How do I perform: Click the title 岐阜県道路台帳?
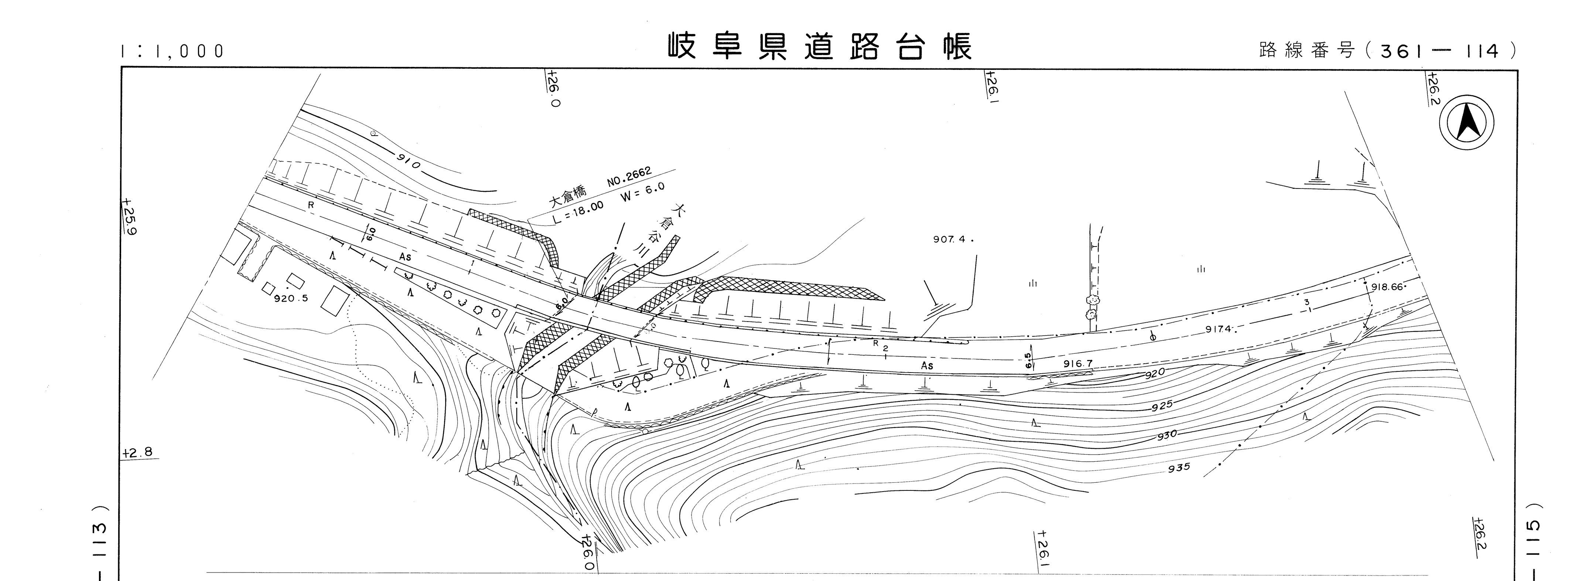point(820,46)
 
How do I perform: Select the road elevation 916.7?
point(1078,364)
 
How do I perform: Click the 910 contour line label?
point(408,162)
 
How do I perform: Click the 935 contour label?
point(1178,468)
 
